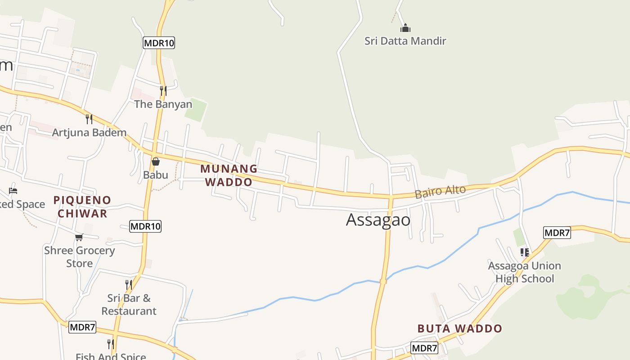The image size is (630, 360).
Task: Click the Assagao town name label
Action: point(378,220)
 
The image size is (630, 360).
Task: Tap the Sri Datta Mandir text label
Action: point(405,41)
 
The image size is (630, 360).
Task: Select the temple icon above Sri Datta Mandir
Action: point(405,28)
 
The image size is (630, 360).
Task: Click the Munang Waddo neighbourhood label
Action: point(229,175)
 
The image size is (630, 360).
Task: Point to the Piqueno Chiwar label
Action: point(82,207)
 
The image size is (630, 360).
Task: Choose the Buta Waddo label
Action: point(459,328)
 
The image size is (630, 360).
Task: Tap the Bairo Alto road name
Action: point(440,192)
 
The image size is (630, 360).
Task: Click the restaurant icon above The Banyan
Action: point(163,91)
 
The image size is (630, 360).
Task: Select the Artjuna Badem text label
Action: point(89,132)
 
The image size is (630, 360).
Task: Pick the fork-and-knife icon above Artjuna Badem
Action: point(89,119)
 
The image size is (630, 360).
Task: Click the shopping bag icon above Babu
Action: point(156,162)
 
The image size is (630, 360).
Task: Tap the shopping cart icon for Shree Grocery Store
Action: point(79,237)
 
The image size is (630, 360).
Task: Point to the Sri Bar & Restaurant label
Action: point(129,305)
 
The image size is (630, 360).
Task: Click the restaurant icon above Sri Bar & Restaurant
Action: point(129,285)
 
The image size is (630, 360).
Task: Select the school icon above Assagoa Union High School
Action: point(524,252)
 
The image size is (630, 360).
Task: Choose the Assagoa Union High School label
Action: point(525,272)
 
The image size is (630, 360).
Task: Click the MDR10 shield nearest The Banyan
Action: point(158,43)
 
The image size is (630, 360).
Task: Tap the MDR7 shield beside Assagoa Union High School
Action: point(557,233)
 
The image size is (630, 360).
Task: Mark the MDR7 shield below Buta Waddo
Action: point(424,348)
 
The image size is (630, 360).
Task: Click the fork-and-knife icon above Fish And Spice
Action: point(110,344)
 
